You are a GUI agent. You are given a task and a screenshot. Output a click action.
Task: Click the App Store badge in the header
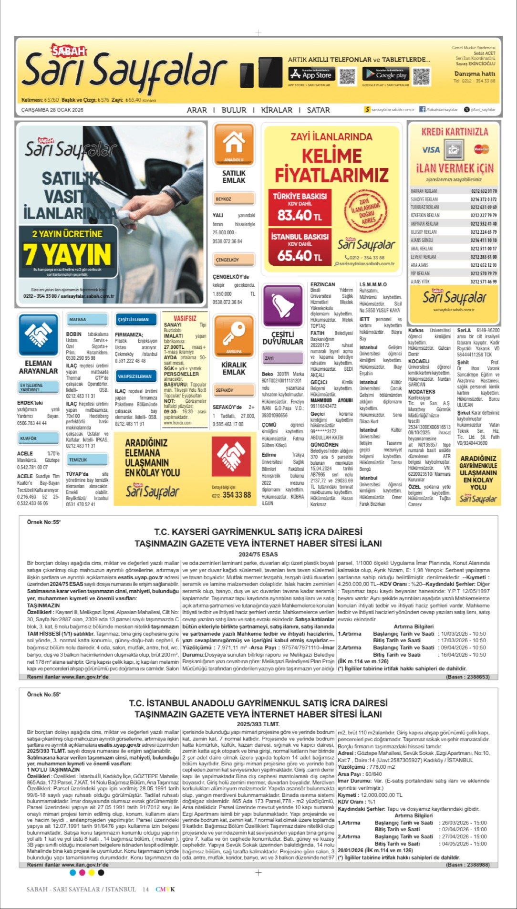310,74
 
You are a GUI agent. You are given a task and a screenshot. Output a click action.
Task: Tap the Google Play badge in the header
385,74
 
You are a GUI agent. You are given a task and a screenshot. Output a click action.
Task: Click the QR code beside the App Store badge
348,76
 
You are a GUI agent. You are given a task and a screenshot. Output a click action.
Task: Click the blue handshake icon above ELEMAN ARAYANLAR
38,335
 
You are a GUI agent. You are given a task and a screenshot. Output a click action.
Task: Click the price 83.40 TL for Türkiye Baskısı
300,215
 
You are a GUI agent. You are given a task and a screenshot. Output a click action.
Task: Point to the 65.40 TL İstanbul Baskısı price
300,256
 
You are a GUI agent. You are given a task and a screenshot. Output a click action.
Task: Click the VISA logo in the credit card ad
431,150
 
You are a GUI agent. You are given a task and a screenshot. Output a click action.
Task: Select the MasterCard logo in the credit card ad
481,149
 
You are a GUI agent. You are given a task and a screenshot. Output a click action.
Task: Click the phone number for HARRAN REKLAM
484,191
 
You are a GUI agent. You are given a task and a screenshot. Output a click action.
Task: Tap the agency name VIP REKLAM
420,273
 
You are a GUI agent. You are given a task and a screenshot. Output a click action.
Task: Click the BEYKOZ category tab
233,199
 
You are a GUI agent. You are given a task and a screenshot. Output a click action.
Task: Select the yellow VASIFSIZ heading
185,318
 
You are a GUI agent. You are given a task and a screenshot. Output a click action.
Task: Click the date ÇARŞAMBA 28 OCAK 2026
52,110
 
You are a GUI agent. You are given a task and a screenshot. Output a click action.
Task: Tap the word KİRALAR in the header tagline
277,110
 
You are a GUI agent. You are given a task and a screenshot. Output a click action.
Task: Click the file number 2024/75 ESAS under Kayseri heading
258,554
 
